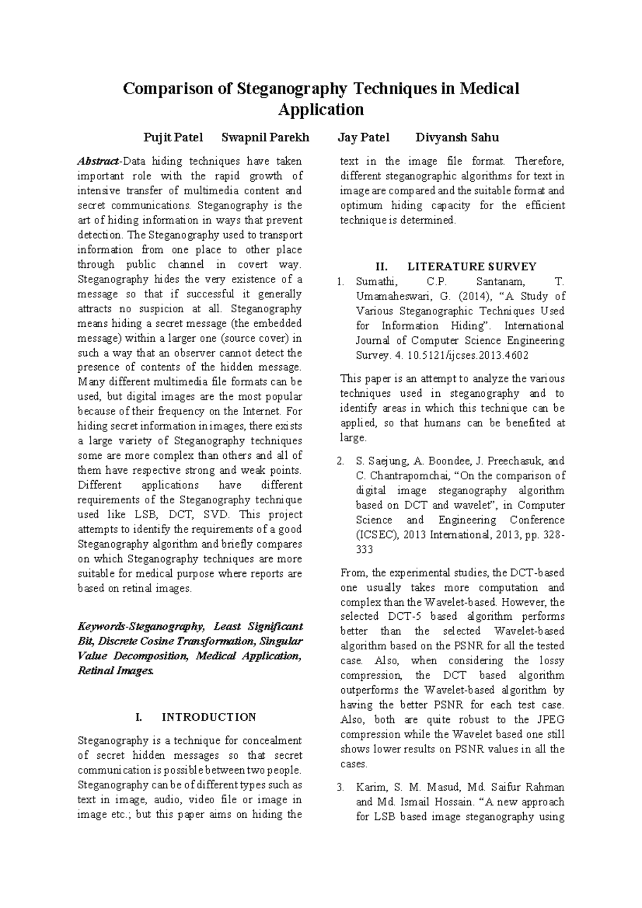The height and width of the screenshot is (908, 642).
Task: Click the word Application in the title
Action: point(321,110)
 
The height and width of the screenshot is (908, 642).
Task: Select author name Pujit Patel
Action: point(173,137)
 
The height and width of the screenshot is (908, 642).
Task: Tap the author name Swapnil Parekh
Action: point(265,137)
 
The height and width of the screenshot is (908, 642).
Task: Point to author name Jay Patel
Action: point(364,137)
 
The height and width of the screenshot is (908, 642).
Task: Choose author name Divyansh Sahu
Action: point(457,137)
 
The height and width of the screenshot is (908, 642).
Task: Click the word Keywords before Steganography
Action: point(100,626)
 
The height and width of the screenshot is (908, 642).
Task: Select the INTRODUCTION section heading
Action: point(209,717)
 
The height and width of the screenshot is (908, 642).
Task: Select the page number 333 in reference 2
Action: point(364,550)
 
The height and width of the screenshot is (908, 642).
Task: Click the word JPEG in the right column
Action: point(549,719)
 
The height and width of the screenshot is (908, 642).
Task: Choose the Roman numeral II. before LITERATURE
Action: point(385,266)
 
